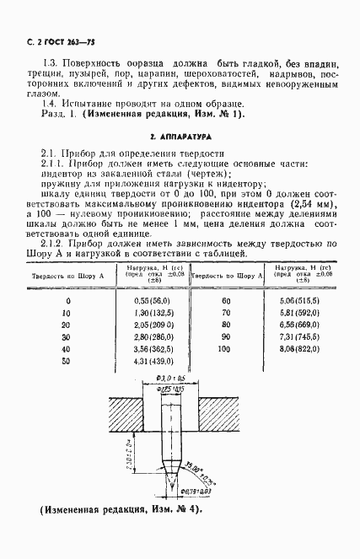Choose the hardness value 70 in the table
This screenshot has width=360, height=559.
225,314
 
